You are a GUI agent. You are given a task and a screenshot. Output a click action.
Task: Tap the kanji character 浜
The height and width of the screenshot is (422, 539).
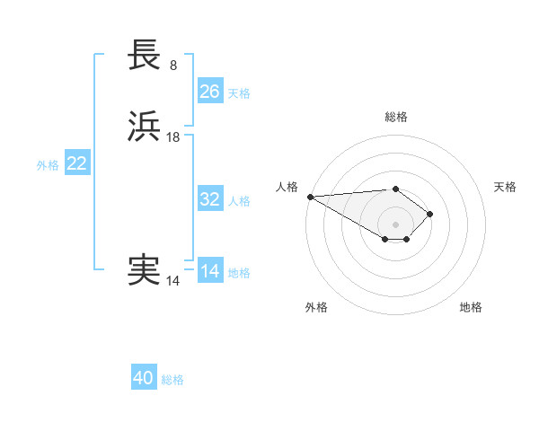click(144, 127)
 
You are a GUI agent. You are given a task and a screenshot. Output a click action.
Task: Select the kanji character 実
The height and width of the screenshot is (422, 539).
click(144, 269)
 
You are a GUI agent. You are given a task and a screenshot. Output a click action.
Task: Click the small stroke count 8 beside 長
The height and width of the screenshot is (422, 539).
click(172, 65)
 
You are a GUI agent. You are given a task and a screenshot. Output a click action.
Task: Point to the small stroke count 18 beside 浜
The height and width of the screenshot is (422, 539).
click(173, 136)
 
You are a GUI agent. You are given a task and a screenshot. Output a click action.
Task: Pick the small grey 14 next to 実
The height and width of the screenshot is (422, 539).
click(172, 280)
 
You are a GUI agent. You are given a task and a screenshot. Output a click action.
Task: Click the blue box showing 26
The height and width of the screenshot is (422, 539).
click(210, 91)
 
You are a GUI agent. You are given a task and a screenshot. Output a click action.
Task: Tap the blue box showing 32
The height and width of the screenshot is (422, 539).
click(210, 199)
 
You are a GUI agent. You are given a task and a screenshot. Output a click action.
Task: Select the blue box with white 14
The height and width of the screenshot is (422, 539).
click(210, 271)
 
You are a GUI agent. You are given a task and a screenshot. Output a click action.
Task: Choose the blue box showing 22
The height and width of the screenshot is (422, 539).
click(77, 163)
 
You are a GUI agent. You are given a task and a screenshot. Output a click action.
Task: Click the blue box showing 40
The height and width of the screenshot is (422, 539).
click(144, 378)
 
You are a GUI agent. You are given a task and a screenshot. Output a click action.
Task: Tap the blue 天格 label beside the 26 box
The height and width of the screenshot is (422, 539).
click(239, 92)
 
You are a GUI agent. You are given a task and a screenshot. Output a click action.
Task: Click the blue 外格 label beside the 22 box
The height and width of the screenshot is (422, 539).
click(48, 165)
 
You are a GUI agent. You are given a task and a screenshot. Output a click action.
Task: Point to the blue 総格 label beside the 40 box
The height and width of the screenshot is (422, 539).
click(172, 380)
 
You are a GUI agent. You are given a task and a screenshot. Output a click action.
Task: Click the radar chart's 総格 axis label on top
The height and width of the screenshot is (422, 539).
click(396, 117)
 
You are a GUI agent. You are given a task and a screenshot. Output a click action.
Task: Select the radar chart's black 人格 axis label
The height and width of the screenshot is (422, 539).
click(287, 187)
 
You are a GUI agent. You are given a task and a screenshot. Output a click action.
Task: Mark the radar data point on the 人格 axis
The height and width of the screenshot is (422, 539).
click(310, 197)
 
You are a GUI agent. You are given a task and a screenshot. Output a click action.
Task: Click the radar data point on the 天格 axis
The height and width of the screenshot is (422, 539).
click(430, 214)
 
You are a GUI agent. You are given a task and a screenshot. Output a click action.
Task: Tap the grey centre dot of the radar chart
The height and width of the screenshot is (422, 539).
click(396, 224)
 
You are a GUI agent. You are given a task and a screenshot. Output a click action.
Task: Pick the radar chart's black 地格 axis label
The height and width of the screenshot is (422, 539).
click(471, 307)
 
